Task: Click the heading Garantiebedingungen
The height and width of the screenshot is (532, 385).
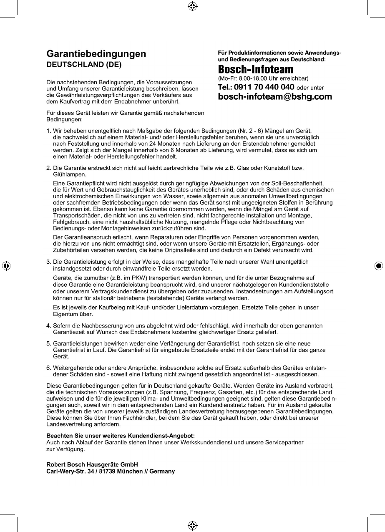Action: click(x=96, y=54)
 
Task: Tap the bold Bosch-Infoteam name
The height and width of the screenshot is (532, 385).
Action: click(x=250, y=69)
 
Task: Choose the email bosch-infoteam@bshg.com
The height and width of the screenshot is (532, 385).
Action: click(x=275, y=97)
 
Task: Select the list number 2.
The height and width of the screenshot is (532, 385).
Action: click(x=48, y=168)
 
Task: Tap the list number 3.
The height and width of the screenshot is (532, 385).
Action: click(x=48, y=262)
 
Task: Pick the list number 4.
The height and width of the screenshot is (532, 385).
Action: click(x=48, y=325)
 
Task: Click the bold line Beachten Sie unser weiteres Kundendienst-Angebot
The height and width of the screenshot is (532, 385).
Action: click(x=117, y=435)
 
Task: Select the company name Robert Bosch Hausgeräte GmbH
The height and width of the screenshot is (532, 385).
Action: click(x=92, y=464)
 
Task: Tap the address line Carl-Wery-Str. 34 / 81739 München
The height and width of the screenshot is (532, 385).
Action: click(x=110, y=471)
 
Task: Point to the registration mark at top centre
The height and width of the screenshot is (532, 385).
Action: click(x=192, y=6)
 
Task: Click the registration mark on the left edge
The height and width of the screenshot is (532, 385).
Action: click(x=6, y=265)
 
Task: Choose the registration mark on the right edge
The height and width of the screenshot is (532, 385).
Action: click(x=379, y=265)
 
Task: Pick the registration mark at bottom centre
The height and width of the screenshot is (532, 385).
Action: click(x=192, y=525)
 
